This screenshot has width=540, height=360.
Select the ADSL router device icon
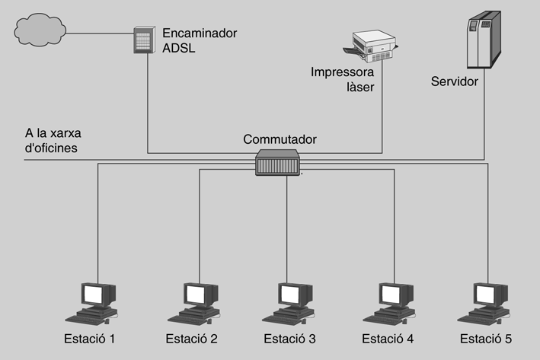[145, 42]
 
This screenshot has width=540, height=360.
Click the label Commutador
[280, 139]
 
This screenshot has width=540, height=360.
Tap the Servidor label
[454, 81]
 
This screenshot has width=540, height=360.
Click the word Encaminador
[200, 33]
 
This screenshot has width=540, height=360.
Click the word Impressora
[342, 73]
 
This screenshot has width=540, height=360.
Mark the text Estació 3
[290, 338]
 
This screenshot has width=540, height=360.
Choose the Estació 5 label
[487, 338]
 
